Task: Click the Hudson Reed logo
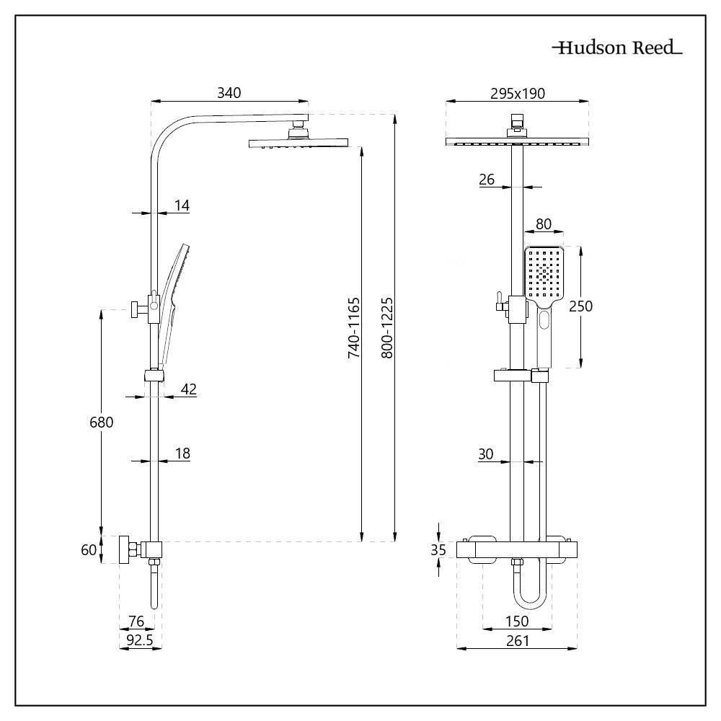click(616, 49)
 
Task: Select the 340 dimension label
click(229, 93)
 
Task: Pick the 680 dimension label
click(101, 423)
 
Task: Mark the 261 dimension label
click(517, 640)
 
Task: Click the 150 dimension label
click(517, 622)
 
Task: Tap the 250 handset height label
click(580, 306)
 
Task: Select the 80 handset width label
click(544, 224)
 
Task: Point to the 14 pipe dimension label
click(181, 205)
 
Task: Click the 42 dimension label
click(188, 389)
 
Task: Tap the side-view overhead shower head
click(296, 143)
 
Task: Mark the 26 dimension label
click(487, 180)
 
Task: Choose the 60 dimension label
click(89, 550)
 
